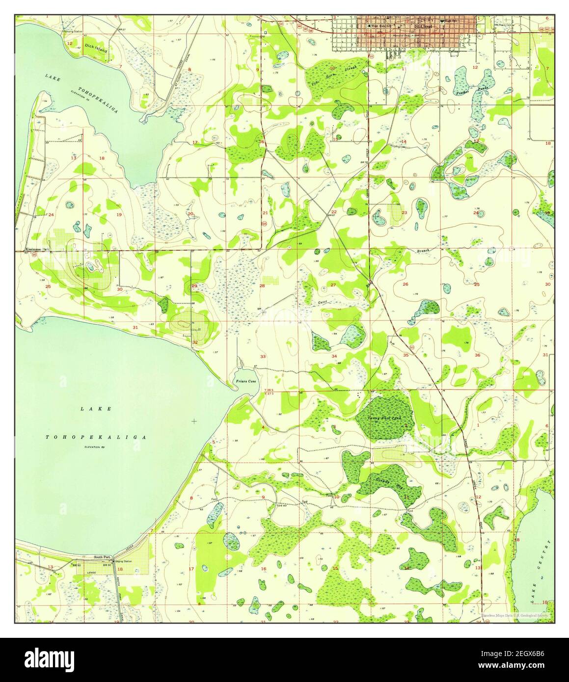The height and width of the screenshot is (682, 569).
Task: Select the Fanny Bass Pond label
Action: [x=385, y=418]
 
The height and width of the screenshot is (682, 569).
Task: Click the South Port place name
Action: [x=103, y=557]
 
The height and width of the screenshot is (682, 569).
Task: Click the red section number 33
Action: [x=263, y=356]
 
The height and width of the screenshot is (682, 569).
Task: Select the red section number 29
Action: [x=194, y=286]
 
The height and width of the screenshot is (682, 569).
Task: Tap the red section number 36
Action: [x=477, y=355]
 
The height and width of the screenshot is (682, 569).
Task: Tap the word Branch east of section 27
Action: [x=423, y=251]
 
